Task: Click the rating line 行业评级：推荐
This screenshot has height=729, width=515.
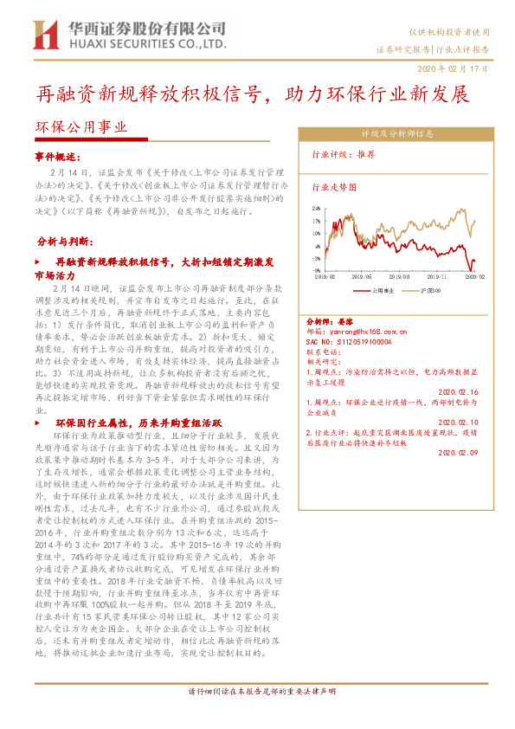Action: (343, 155)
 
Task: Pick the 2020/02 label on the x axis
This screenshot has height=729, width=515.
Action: (475, 276)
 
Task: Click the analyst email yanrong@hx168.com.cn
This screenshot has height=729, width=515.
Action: (363, 331)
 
